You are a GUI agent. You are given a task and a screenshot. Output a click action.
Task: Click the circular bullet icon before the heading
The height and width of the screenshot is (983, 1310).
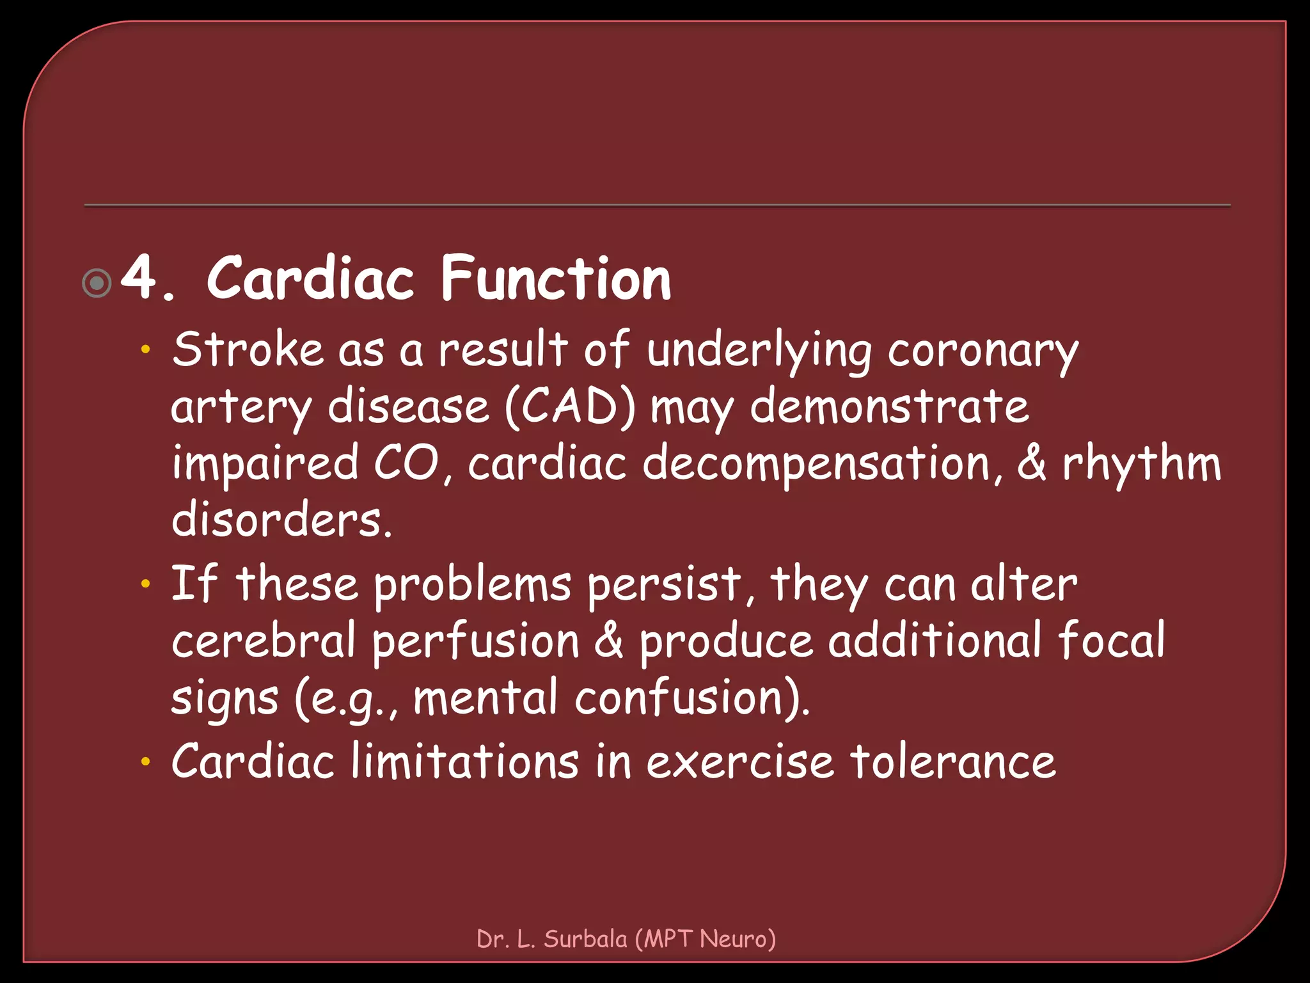97,283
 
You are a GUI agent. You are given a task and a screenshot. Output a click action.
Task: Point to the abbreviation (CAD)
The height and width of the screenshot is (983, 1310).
571,407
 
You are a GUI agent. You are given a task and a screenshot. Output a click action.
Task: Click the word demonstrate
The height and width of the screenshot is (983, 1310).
889,407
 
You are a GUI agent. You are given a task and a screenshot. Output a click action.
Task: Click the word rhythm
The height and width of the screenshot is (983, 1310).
1141,463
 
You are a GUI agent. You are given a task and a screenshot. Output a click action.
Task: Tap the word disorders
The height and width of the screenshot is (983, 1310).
281,520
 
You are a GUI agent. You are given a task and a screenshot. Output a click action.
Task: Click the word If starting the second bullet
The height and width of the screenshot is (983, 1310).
194,584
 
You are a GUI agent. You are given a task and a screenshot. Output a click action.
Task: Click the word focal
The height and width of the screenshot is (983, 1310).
1112,640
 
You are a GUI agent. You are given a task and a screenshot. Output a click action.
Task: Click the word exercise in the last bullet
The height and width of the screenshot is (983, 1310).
740,762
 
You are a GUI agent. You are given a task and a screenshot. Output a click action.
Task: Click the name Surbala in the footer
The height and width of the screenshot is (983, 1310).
585,939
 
